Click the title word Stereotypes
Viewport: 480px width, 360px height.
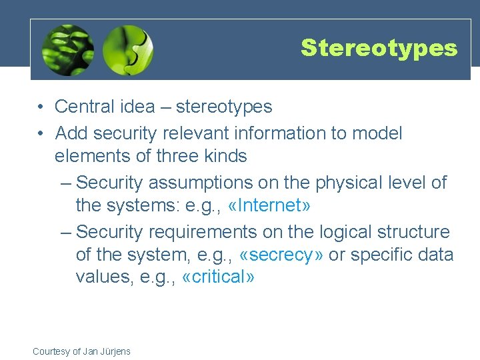(379, 48)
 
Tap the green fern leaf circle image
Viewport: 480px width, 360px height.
(67, 50)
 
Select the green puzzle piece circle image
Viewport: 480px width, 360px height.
(128, 50)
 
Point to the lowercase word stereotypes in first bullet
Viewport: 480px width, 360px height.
(224, 107)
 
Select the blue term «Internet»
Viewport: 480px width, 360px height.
(269, 205)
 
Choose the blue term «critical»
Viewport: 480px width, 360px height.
(218, 277)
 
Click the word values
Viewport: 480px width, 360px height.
(99, 277)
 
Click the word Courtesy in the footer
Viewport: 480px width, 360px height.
(51, 351)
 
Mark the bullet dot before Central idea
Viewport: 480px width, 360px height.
(41, 107)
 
